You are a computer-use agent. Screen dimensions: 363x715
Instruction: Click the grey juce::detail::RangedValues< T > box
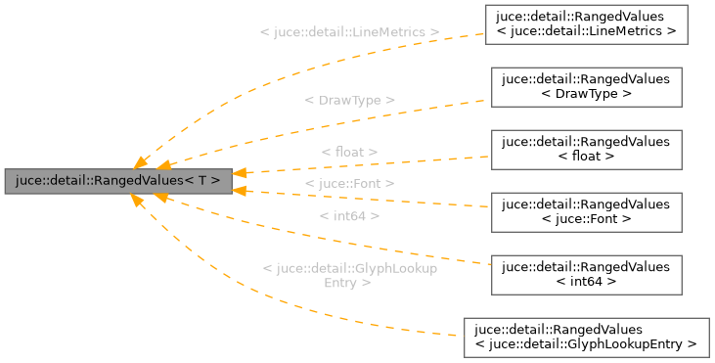pyautogui.click(x=118, y=181)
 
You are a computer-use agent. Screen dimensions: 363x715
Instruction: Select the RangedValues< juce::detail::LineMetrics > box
pyautogui.click(x=586, y=23)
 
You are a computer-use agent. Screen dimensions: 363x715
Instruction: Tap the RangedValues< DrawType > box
pyautogui.click(x=586, y=86)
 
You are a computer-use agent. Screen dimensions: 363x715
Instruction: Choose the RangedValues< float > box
pyautogui.click(x=586, y=149)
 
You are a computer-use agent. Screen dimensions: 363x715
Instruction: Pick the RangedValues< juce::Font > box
pyautogui.click(x=586, y=211)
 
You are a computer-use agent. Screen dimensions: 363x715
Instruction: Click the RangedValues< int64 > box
pyautogui.click(x=586, y=274)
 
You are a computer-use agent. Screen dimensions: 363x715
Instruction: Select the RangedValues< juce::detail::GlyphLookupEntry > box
pyautogui.click(x=586, y=337)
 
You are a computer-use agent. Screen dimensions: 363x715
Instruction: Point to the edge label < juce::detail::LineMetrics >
pyautogui.click(x=349, y=32)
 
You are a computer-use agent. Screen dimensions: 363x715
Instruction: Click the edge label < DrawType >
pyautogui.click(x=349, y=100)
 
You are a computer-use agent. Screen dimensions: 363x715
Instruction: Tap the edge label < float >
pyautogui.click(x=349, y=153)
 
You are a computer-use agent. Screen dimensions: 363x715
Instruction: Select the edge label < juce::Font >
pyautogui.click(x=349, y=183)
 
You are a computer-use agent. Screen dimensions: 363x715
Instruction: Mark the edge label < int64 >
pyautogui.click(x=349, y=215)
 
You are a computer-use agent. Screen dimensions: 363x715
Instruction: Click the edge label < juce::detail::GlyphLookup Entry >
pyautogui.click(x=349, y=275)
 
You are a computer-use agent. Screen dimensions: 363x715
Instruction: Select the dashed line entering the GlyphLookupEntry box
pyautogui.click(x=430, y=332)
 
